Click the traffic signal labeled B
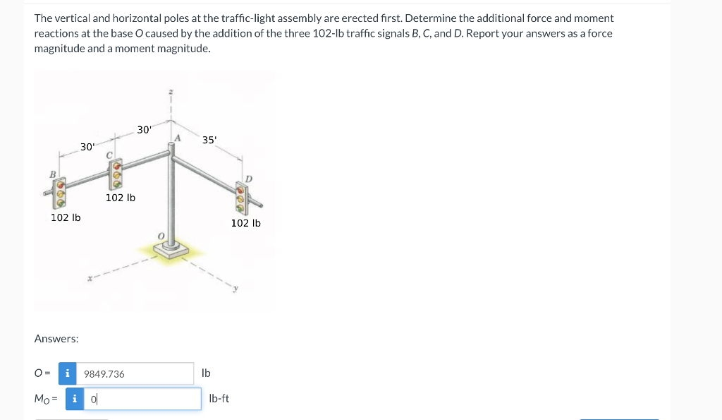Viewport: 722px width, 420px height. point(61,191)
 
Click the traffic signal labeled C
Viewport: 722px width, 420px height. point(116,171)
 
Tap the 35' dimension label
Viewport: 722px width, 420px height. point(209,140)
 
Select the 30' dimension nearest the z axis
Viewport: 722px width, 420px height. point(144,130)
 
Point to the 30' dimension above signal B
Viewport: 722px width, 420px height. point(87,147)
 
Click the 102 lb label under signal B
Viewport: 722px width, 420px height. point(66,217)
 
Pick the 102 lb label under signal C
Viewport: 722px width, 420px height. point(121,198)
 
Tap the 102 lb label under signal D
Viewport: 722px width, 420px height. point(246,223)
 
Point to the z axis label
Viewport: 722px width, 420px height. point(170,92)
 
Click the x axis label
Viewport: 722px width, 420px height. point(90,280)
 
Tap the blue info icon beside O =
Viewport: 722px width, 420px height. point(68,373)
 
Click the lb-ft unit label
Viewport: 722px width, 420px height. point(219,399)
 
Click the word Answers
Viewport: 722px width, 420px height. point(56,339)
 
